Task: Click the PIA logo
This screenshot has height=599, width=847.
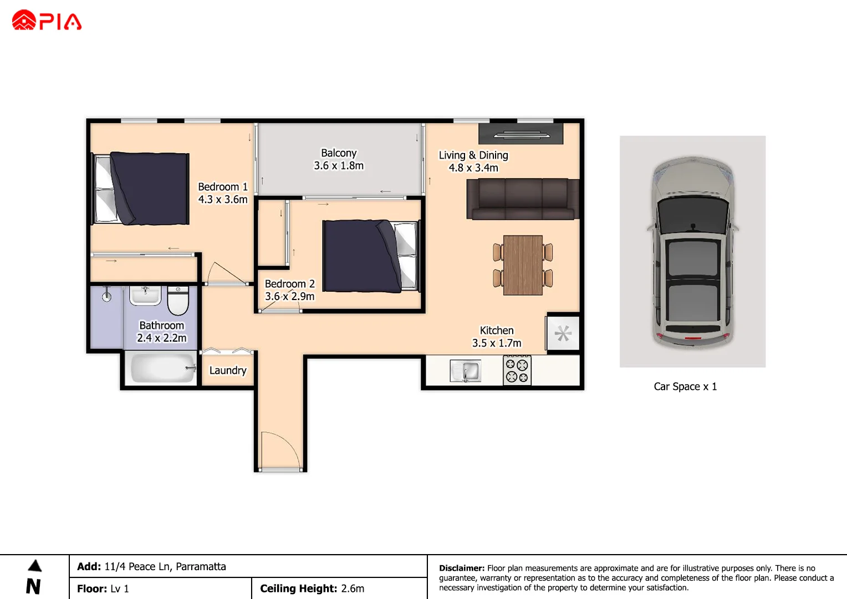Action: click(x=47, y=21)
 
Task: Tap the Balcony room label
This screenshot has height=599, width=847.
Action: click(x=339, y=153)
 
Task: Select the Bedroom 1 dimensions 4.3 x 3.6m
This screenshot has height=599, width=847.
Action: click(x=223, y=200)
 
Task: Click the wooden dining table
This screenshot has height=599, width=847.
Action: click(x=523, y=265)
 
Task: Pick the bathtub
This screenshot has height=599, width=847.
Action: click(x=161, y=368)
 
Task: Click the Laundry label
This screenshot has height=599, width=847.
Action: click(x=228, y=370)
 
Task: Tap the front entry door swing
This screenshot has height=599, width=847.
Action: click(x=280, y=451)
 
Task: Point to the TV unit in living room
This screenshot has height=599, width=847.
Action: click(x=521, y=134)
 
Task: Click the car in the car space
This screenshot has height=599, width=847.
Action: click(x=692, y=252)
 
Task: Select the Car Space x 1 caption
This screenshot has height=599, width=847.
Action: click(x=685, y=387)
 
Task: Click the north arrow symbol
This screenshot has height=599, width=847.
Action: click(x=34, y=566)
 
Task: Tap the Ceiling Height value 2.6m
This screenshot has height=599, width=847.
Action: click(x=353, y=588)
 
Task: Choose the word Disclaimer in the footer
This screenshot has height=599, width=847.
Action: click(x=461, y=568)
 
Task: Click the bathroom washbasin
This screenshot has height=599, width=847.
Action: click(x=145, y=295)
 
